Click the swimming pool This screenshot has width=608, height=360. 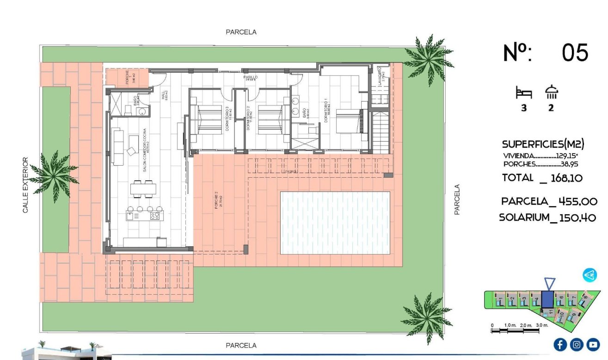tap(335, 223)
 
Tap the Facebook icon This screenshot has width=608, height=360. tap(560, 344)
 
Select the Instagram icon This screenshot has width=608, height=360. tap(577, 344)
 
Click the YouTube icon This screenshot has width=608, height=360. tap(593, 344)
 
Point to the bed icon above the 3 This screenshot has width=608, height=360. tap(524, 93)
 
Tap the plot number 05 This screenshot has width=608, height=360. tap(575, 53)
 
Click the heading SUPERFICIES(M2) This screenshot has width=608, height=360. tap(543, 144)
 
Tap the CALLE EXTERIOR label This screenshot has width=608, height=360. tap(25, 185)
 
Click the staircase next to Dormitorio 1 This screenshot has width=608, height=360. tap(381, 130)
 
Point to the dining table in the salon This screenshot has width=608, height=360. tap(143, 189)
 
